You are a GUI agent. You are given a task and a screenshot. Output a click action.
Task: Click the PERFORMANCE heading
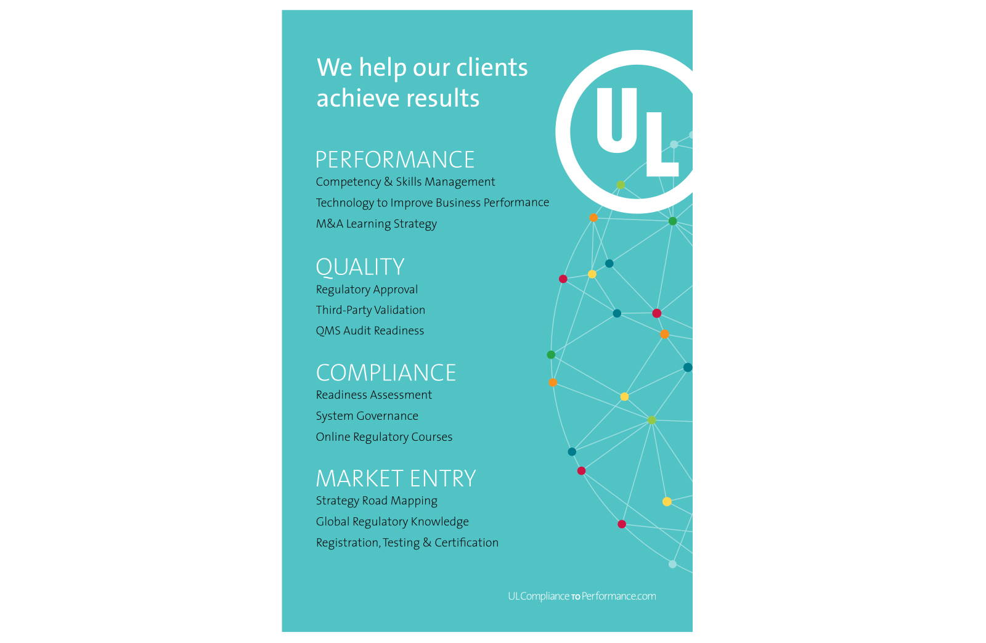click(394, 160)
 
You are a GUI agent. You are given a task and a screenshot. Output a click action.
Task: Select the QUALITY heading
click(360, 267)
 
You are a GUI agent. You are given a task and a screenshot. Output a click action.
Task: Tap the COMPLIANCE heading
click(386, 373)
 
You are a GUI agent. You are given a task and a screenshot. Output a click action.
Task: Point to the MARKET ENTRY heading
click(396, 479)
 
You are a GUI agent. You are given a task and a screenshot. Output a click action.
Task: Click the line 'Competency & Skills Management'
click(405, 182)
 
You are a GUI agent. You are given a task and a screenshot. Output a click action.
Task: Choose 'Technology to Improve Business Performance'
click(432, 203)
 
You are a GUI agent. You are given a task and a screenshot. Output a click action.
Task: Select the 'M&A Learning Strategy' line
click(376, 224)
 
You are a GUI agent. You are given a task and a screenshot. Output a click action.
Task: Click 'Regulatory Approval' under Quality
click(367, 290)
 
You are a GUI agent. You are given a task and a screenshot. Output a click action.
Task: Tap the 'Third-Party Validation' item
click(370, 310)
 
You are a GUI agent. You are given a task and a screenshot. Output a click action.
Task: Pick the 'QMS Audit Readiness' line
click(370, 331)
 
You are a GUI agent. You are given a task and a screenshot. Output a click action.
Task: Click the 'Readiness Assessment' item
click(373, 395)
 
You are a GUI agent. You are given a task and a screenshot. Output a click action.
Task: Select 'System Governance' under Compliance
click(367, 416)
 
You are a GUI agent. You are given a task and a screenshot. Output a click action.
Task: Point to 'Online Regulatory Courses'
click(384, 437)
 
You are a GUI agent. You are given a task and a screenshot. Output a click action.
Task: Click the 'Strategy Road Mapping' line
click(377, 501)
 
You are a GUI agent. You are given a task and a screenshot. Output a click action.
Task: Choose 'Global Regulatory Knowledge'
click(392, 522)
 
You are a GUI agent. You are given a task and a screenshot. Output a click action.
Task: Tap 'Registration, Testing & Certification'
click(407, 543)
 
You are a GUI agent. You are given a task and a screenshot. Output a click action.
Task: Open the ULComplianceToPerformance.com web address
click(582, 596)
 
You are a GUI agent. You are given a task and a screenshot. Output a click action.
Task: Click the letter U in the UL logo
click(617, 120)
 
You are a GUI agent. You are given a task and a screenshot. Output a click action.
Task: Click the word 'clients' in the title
click(492, 67)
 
